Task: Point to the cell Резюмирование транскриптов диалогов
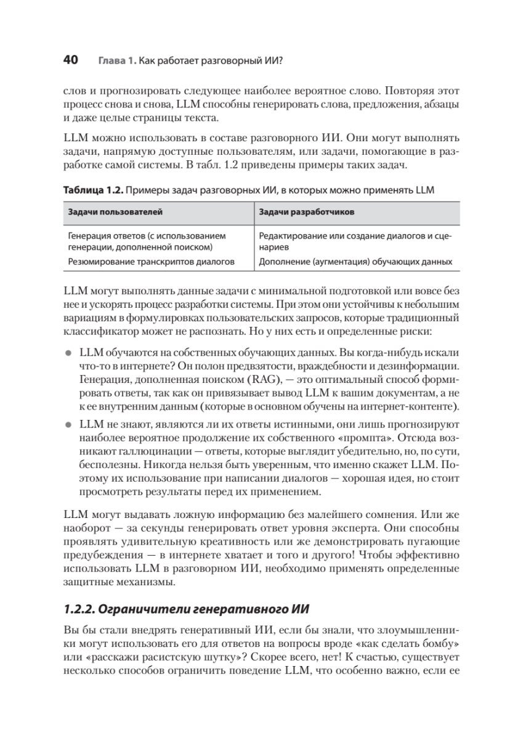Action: pos(152,261)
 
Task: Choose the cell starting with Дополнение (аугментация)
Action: pos(355,261)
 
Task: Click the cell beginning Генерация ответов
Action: pos(147,241)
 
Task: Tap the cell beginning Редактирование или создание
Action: pos(355,241)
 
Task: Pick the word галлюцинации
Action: pos(136,451)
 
